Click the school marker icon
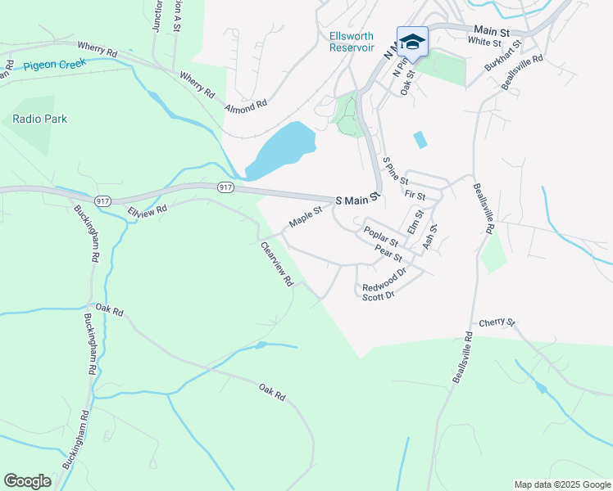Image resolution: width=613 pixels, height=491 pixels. [x=412, y=42]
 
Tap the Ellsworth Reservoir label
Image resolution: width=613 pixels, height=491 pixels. [x=352, y=42]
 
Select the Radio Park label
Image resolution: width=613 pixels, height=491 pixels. [x=40, y=119]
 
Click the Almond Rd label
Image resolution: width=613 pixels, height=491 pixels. [x=247, y=106]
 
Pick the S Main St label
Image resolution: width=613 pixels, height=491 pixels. [x=358, y=199]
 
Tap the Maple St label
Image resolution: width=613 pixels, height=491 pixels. [x=306, y=218]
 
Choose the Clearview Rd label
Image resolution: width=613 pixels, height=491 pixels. [x=277, y=264]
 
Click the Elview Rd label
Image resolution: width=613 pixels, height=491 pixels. [x=148, y=210]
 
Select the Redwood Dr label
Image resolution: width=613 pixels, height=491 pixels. [x=384, y=281]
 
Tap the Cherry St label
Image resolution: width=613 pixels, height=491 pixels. [x=497, y=322]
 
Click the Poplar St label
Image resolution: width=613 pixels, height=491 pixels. [x=381, y=236]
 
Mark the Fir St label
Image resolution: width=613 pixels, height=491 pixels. [x=415, y=196]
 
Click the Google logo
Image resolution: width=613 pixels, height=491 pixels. [x=27, y=481]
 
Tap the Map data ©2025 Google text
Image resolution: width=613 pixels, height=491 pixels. [x=561, y=484]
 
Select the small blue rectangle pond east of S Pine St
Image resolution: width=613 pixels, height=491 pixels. [x=420, y=140]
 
